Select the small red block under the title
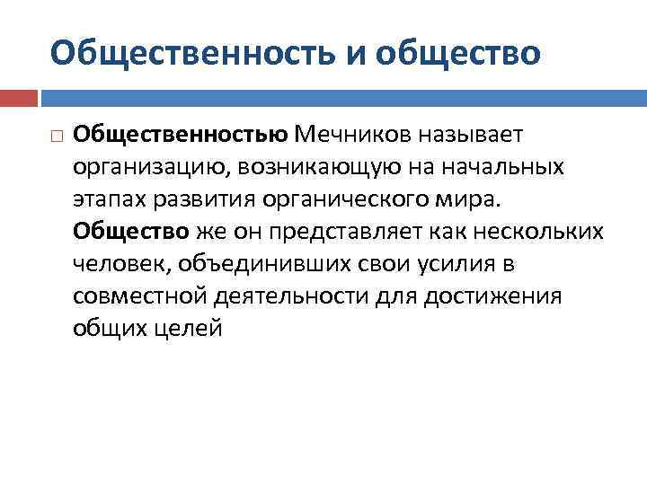(x=18, y=97)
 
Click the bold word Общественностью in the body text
(x=181, y=135)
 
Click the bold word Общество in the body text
(x=131, y=232)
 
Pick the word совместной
(x=141, y=296)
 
